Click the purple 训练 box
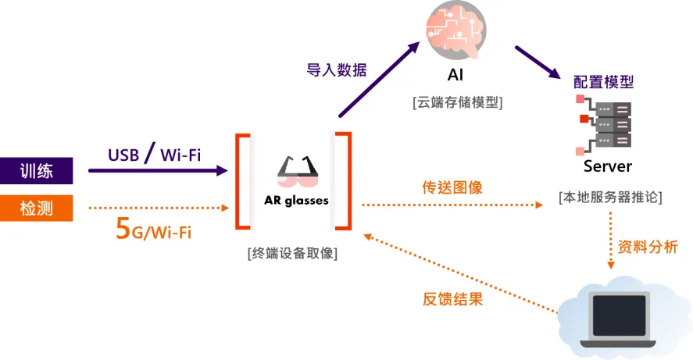point(37,170)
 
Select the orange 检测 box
point(37,208)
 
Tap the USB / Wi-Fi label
point(154,153)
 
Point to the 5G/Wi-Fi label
point(153,230)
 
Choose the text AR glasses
point(296,201)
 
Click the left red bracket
point(242,181)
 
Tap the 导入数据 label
point(337,70)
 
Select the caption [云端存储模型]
point(457,102)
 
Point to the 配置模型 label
point(603,81)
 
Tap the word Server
point(607,166)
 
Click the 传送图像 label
point(452,188)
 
